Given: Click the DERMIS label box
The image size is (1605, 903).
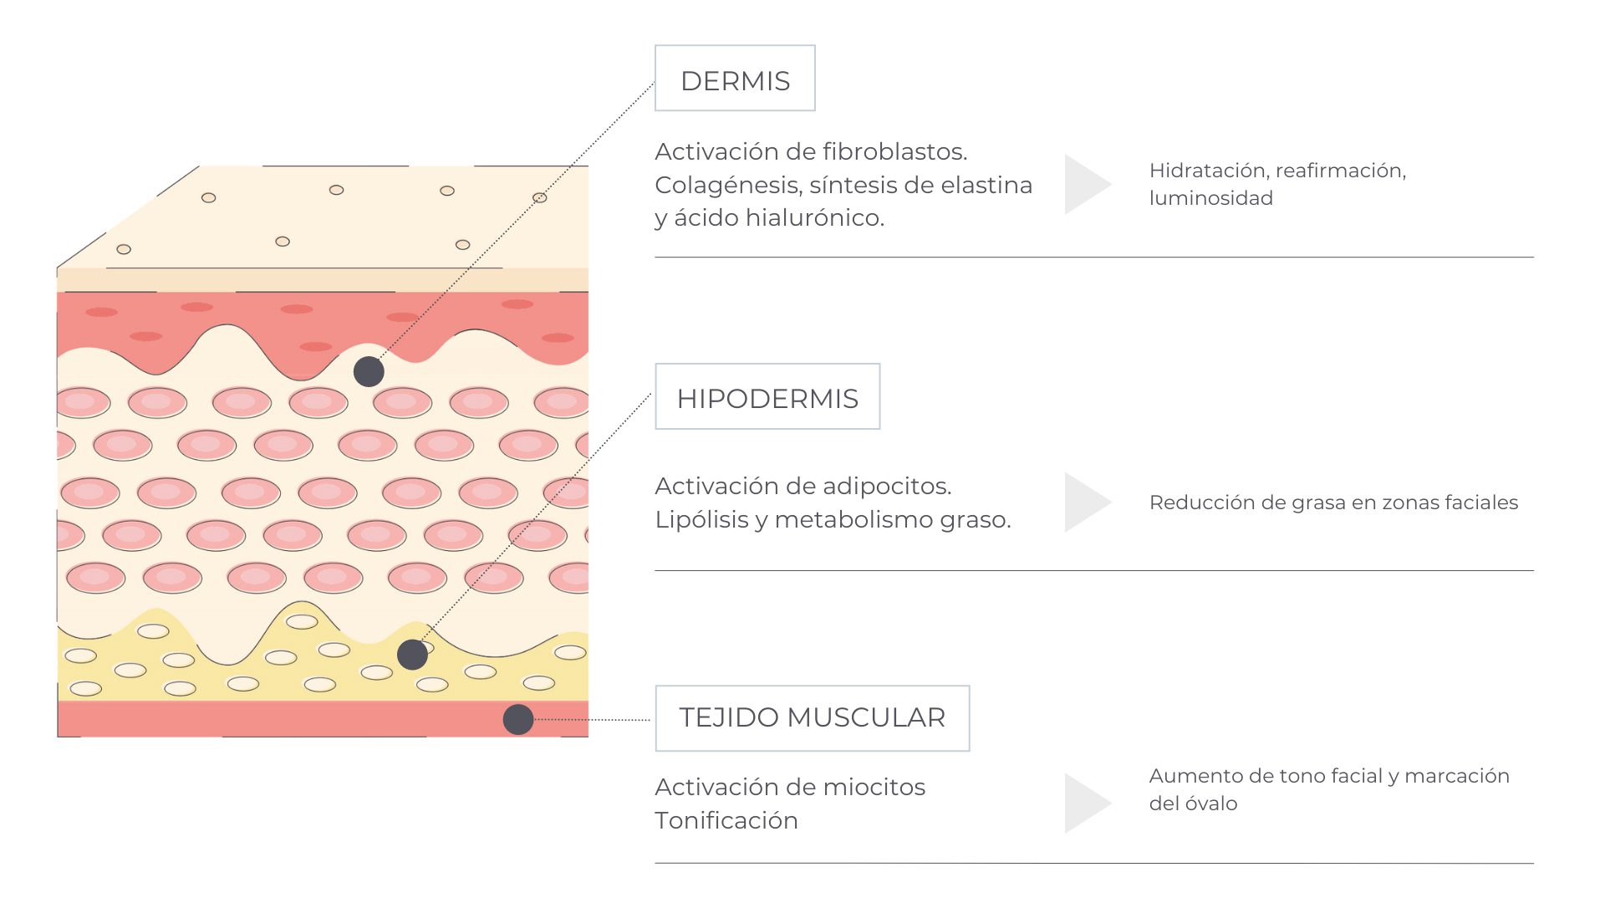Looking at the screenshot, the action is coord(735,78).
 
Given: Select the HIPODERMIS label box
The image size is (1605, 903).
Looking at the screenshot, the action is coord(767,396).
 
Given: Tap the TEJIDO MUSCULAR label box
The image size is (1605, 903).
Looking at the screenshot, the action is coord(813,718).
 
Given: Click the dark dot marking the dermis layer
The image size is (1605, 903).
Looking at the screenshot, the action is coord(369,371).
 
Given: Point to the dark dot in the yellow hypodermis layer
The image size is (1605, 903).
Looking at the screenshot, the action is coord(412,655).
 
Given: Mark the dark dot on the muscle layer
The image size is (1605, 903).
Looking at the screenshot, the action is coord(518,719).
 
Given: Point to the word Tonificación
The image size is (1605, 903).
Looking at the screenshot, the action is coord(726,820).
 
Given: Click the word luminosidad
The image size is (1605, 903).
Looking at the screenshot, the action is coord(1211,198).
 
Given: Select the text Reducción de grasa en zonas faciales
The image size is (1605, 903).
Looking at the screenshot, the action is coord(1333,503).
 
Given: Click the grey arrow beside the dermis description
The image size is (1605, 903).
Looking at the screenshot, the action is coord(1088,184).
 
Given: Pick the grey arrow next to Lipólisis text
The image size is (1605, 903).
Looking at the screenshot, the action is coord(1088,503).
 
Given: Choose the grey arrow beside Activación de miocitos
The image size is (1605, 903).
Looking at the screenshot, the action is coord(1088,804).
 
